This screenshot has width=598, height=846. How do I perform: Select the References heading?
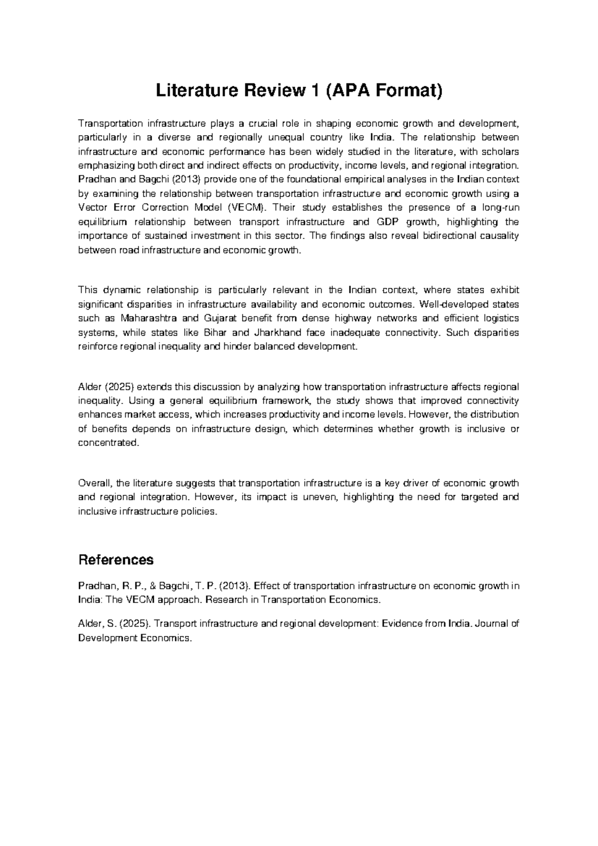pos(116,560)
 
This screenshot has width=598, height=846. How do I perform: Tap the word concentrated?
pos(106,443)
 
